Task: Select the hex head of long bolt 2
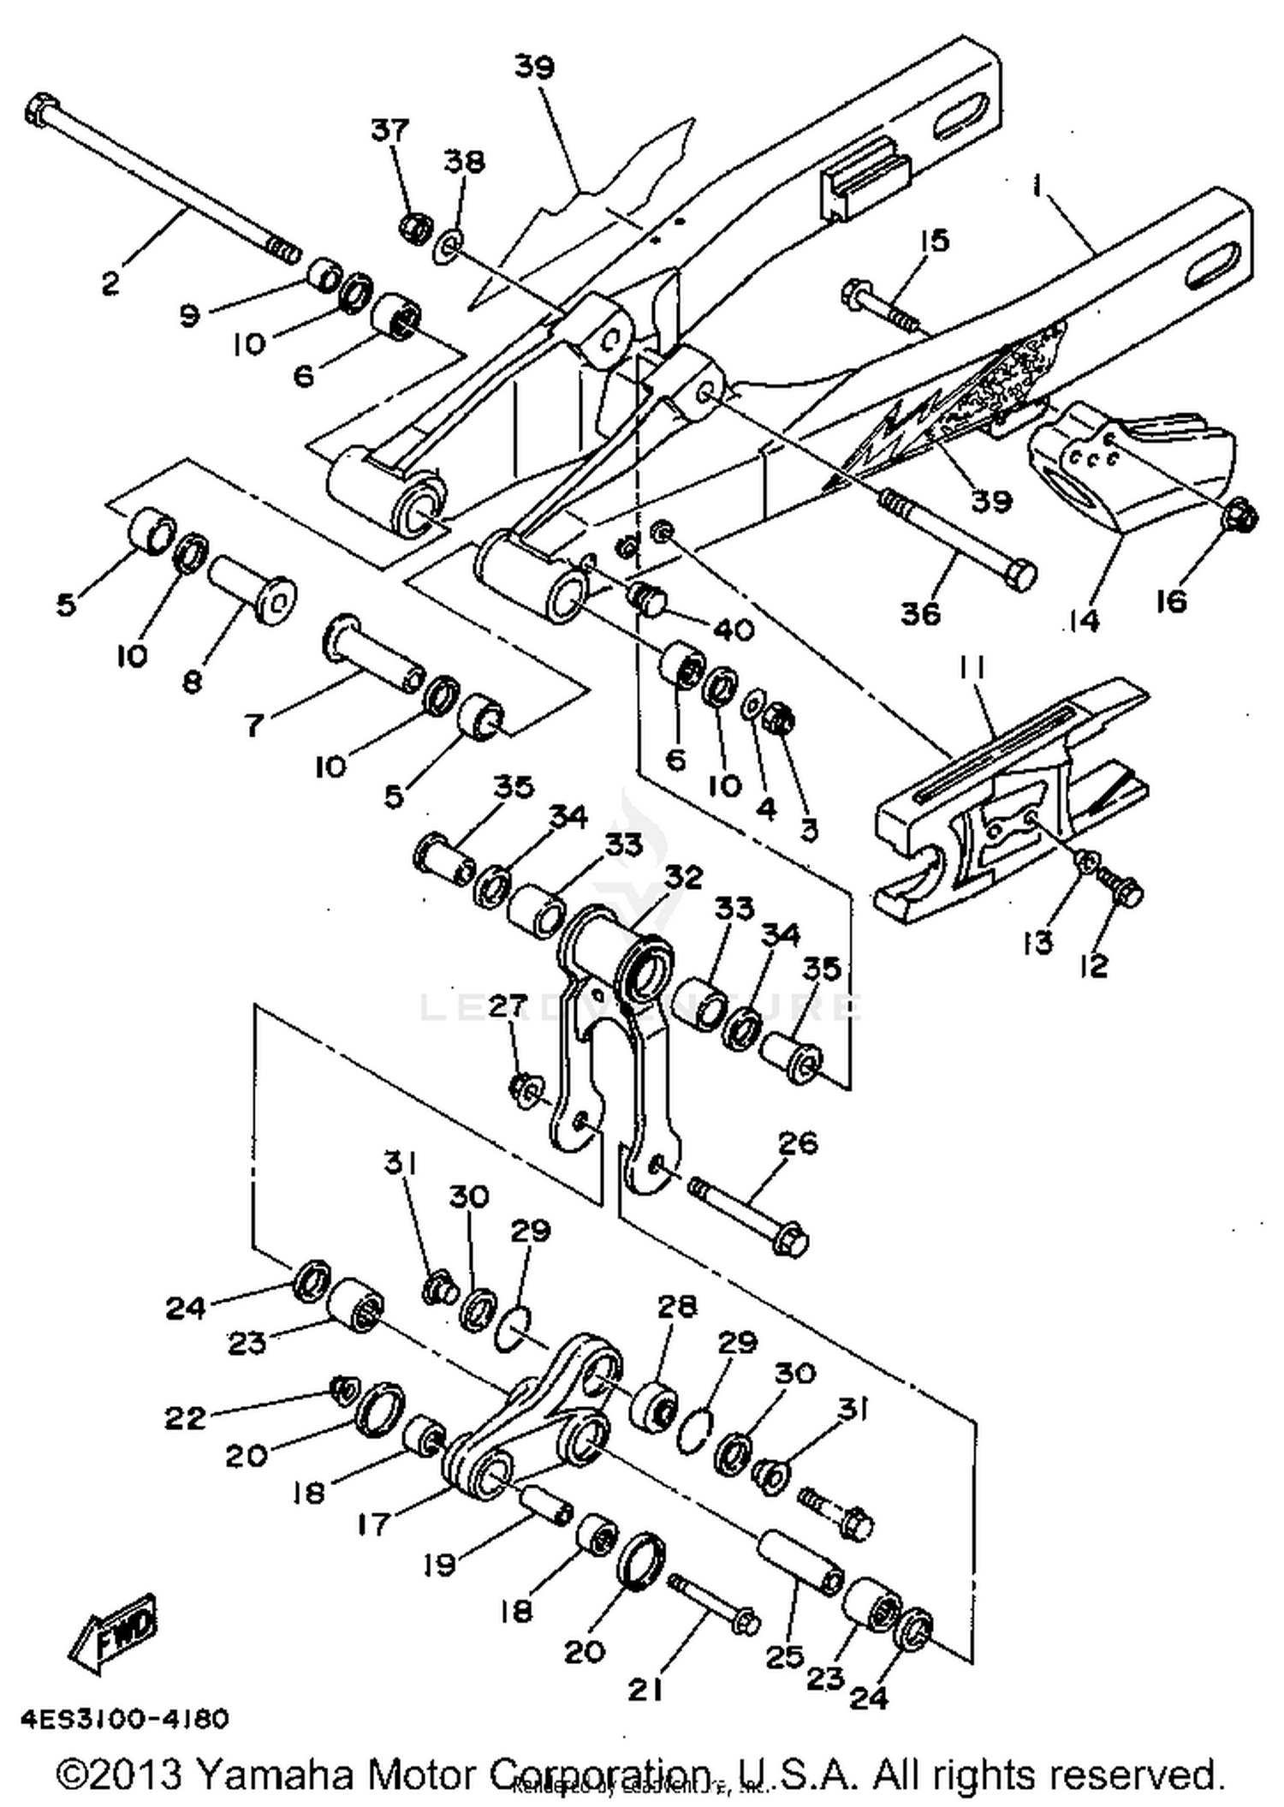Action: pyautogui.click(x=41, y=112)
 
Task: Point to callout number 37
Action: pyautogui.click(x=389, y=130)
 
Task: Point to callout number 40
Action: pyautogui.click(x=734, y=630)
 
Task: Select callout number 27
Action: pyautogui.click(x=508, y=1007)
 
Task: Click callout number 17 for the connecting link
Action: pyautogui.click(x=374, y=1524)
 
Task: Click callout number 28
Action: pyautogui.click(x=677, y=1306)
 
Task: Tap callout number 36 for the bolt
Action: pyautogui.click(x=920, y=613)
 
